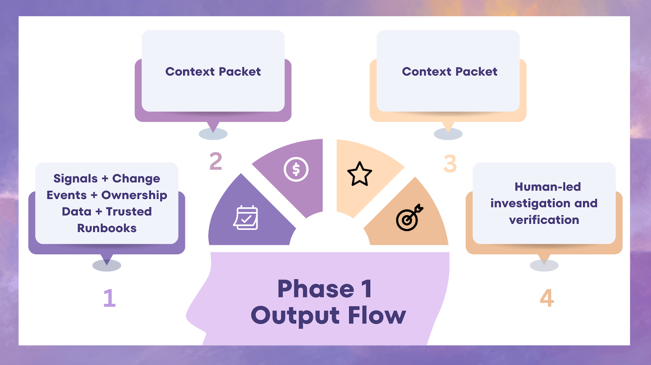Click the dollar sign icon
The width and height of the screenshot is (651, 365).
pyautogui.click(x=296, y=169)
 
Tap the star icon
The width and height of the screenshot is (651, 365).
pyautogui.click(x=360, y=174)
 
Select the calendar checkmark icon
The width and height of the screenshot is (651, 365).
pyautogui.click(x=246, y=218)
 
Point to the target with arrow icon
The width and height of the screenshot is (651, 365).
pyautogui.click(x=409, y=218)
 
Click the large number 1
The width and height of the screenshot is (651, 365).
pyautogui.click(x=109, y=298)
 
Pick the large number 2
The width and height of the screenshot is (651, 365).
pyautogui.click(x=216, y=161)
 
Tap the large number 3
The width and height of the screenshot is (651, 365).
pyautogui.click(x=450, y=164)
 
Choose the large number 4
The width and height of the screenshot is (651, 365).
pyautogui.click(x=547, y=298)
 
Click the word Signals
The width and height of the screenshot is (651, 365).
pyautogui.click(x=76, y=179)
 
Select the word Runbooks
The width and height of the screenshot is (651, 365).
pyautogui.click(x=107, y=228)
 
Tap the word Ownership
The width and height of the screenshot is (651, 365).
pyautogui.click(x=134, y=195)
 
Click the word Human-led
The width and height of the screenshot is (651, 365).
pyautogui.click(x=548, y=187)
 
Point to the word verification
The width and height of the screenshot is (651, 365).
pyautogui.click(x=544, y=220)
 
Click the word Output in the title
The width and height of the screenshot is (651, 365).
pyautogui.click(x=295, y=316)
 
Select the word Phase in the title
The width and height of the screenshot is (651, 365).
pyautogui.click(x=316, y=289)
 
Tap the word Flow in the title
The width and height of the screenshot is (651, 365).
pyautogui.click(x=377, y=316)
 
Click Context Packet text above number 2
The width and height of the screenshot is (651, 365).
pyautogui.click(x=213, y=72)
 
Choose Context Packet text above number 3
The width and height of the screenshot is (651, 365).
pyautogui.click(x=450, y=72)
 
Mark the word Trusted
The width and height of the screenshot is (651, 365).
pyautogui.click(x=129, y=212)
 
